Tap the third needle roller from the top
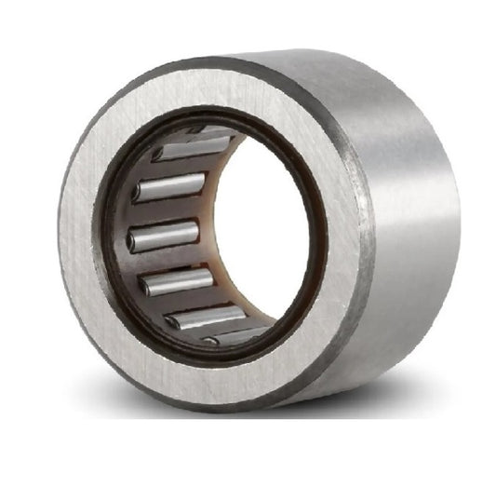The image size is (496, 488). [165, 235]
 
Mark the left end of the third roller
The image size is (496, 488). [132, 240]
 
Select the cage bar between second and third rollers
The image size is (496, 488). [168, 211]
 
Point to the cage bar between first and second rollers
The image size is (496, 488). [181, 168]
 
